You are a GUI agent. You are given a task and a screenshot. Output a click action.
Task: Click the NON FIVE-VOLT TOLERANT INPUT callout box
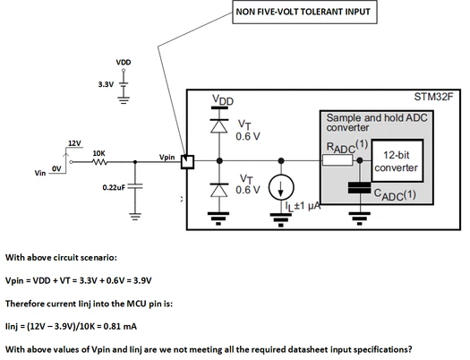[x=304, y=12]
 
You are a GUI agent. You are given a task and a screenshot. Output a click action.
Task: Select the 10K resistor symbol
[x=99, y=162]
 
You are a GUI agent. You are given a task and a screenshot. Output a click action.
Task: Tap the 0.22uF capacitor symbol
[x=135, y=186]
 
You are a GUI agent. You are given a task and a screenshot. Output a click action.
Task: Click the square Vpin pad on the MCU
[x=188, y=162]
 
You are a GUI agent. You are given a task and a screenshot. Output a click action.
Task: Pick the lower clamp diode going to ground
[x=219, y=190]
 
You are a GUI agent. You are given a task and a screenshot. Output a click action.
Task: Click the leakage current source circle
[x=281, y=187]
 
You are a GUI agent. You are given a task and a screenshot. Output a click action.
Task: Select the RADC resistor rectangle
[x=338, y=160]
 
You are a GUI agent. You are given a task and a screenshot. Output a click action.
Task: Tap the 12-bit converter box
[x=397, y=160]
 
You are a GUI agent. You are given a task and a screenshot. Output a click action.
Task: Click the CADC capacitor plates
[x=359, y=188]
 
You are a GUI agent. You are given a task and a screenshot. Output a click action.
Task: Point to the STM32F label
[x=433, y=97]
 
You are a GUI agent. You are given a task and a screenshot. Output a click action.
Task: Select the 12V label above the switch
[x=74, y=143]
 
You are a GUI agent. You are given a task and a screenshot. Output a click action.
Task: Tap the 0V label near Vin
[x=56, y=169]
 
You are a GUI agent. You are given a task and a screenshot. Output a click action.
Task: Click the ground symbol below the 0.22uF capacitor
[x=135, y=217]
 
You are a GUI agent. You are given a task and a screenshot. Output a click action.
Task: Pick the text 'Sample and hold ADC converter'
[x=377, y=123]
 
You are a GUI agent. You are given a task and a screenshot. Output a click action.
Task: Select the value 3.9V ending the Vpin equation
[x=142, y=280]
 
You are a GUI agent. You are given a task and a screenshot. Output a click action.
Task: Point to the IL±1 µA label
[x=303, y=206]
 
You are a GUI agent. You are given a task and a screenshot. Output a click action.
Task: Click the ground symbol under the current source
[x=281, y=219]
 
